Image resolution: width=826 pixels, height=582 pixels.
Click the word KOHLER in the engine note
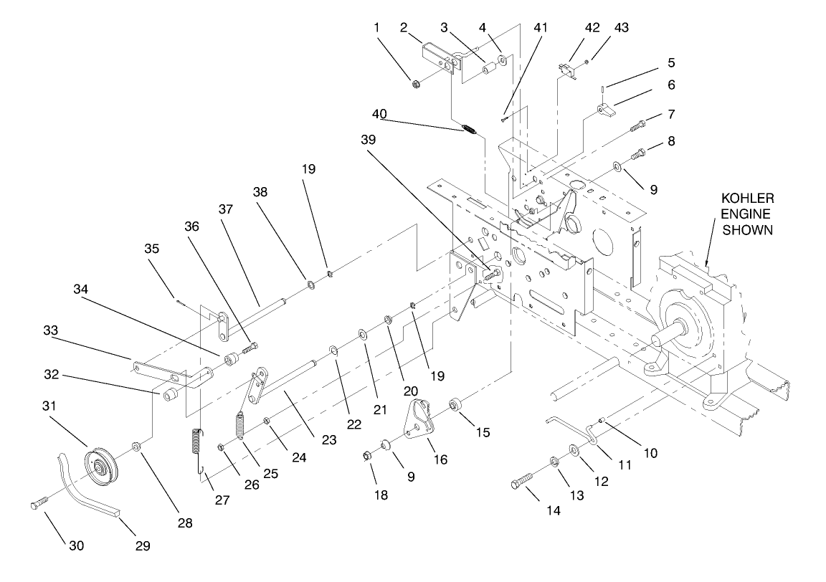pyautogui.click(x=747, y=197)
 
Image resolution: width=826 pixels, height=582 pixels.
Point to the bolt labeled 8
pyautogui.click(x=637, y=153)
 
